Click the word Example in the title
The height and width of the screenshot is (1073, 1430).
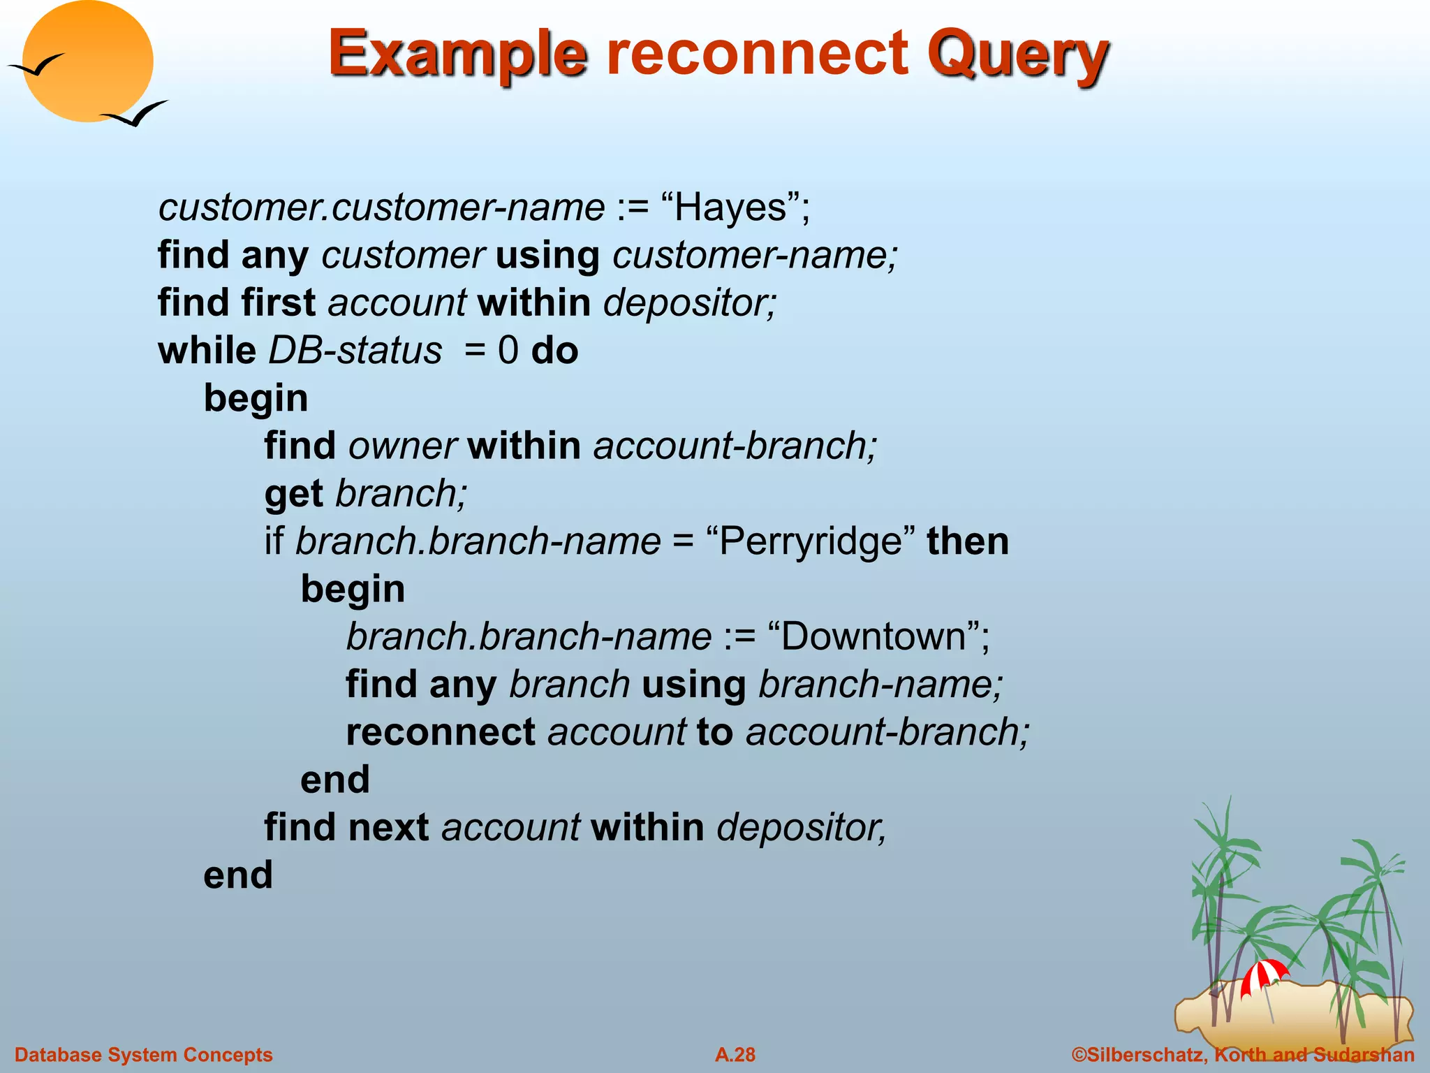pyautogui.click(x=457, y=54)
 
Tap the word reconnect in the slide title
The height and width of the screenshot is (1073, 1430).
pyautogui.click(x=758, y=54)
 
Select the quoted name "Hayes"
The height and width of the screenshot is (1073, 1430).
pyautogui.click(x=730, y=208)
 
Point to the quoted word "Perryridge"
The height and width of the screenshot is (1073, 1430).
pyautogui.click(x=810, y=542)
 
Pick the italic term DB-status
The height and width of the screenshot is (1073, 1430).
pyautogui.click(x=355, y=351)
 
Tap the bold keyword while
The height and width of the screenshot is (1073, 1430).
pyautogui.click(x=207, y=351)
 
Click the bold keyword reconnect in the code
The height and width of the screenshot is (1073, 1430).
pyautogui.click(x=441, y=732)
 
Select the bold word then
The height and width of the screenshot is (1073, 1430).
pyautogui.click(x=968, y=542)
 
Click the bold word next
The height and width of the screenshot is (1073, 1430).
pyautogui.click(x=388, y=828)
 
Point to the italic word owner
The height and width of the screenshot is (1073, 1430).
pyautogui.click(x=403, y=446)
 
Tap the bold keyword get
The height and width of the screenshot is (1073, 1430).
pyautogui.click(x=293, y=495)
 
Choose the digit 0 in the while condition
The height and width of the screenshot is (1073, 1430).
pyautogui.click(x=508, y=351)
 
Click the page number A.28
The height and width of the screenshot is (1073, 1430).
pyautogui.click(x=735, y=1055)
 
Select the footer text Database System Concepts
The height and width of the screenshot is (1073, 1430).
pyautogui.click(x=144, y=1055)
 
